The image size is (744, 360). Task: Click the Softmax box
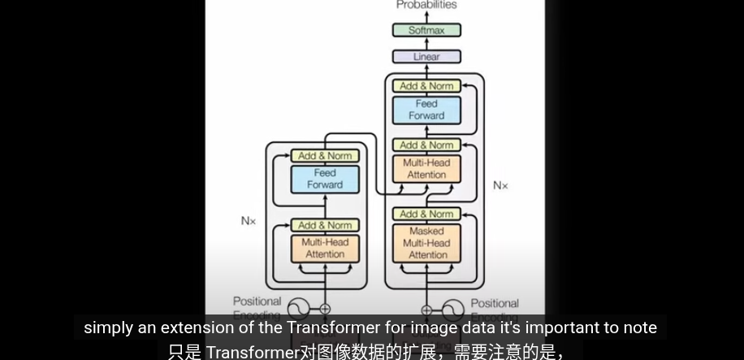(426, 30)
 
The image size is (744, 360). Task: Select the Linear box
(426, 57)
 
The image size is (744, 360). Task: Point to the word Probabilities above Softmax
(426, 5)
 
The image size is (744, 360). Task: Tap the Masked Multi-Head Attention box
(426, 243)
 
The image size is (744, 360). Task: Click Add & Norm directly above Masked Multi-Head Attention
(426, 214)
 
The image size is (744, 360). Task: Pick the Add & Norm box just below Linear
(426, 85)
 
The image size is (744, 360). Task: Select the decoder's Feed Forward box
(426, 110)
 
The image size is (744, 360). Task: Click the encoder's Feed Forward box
(325, 179)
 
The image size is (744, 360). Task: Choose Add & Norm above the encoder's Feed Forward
(325, 155)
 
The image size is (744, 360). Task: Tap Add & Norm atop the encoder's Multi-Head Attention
(325, 225)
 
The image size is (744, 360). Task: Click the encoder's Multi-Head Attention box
(325, 249)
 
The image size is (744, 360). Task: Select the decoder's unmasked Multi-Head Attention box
(426, 168)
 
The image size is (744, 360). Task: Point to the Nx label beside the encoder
(249, 220)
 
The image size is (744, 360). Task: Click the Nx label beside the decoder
(500, 185)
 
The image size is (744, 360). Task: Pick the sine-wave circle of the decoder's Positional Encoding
(453, 310)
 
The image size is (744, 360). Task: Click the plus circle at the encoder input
(325, 309)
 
